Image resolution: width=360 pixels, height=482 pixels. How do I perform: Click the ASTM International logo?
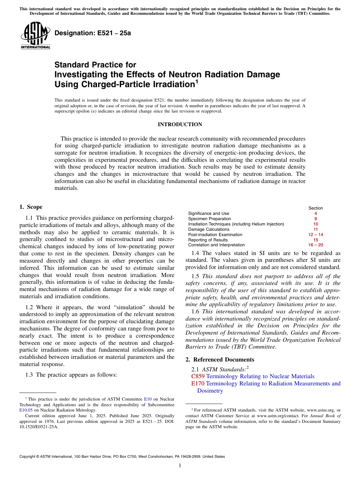[35, 36]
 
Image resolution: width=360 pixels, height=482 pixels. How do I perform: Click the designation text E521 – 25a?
[93, 33]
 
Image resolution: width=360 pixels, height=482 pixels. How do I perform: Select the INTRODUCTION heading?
[180, 124]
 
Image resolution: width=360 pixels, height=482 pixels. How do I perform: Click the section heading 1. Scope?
[31, 207]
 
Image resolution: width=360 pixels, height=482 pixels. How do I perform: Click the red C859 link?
[198, 376]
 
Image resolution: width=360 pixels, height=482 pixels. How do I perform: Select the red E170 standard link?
[198, 383]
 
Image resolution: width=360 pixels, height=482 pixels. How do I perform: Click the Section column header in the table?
[315, 208]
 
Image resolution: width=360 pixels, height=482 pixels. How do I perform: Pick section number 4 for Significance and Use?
[315, 213]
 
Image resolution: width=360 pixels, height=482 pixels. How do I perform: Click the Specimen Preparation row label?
[209, 219]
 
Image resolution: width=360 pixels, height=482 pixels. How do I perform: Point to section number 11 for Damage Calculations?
[315, 229]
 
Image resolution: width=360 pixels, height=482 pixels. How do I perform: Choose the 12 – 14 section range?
[315, 235]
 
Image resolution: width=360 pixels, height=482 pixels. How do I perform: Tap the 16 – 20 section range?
[315, 245]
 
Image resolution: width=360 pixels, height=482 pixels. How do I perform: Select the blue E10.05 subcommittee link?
[26, 410]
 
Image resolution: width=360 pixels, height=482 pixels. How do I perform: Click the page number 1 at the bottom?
[180, 466]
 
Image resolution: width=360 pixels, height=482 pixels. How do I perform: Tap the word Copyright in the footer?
[28, 457]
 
